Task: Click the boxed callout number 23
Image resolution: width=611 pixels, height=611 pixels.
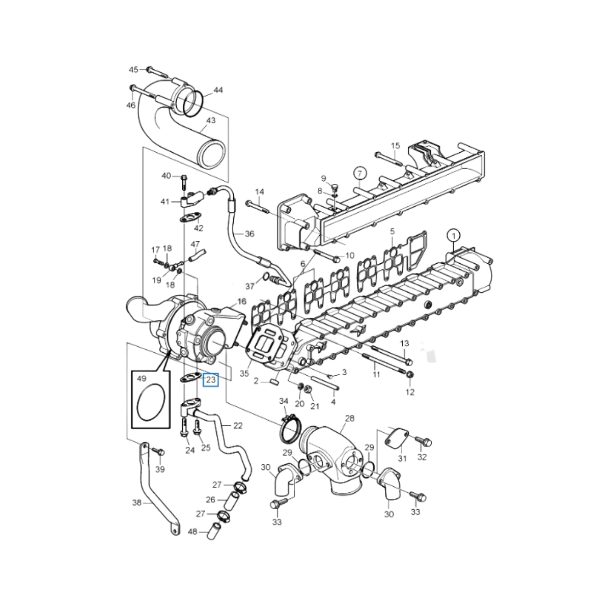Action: [x=211, y=379]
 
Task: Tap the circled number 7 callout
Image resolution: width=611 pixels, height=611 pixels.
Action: [x=359, y=174]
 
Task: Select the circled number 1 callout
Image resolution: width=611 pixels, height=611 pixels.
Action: [x=454, y=236]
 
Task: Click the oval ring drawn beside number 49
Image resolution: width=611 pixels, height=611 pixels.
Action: [x=151, y=402]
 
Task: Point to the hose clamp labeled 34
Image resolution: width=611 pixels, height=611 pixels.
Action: [x=289, y=428]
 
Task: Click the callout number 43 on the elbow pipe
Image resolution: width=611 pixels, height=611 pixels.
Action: [x=211, y=121]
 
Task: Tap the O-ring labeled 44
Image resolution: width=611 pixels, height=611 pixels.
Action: [x=192, y=104]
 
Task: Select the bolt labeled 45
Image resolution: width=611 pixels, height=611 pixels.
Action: [x=157, y=72]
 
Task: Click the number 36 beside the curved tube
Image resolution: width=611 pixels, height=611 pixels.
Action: [x=249, y=234]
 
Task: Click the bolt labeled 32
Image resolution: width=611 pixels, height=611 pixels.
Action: [x=424, y=441]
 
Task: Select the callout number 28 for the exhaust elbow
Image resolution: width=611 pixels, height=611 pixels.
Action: [x=350, y=418]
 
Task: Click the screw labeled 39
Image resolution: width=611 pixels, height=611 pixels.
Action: [x=158, y=451]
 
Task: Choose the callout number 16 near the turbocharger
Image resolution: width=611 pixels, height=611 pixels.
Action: [x=242, y=301]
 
